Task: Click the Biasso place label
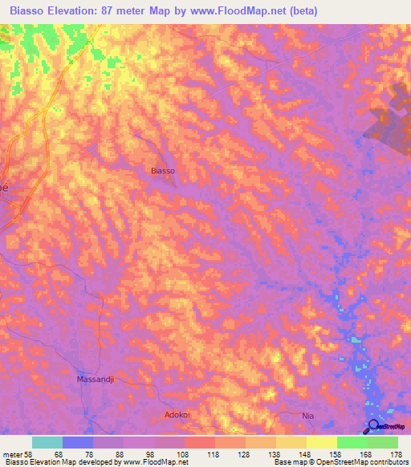[x=162, y=171]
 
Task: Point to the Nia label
[x=306, y=415]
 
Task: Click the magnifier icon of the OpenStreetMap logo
[x=372, y=427]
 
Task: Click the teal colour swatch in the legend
[x=47, y=442]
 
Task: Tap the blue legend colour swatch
[x=78, y=442]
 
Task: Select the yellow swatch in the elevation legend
[x=321, y=442]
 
